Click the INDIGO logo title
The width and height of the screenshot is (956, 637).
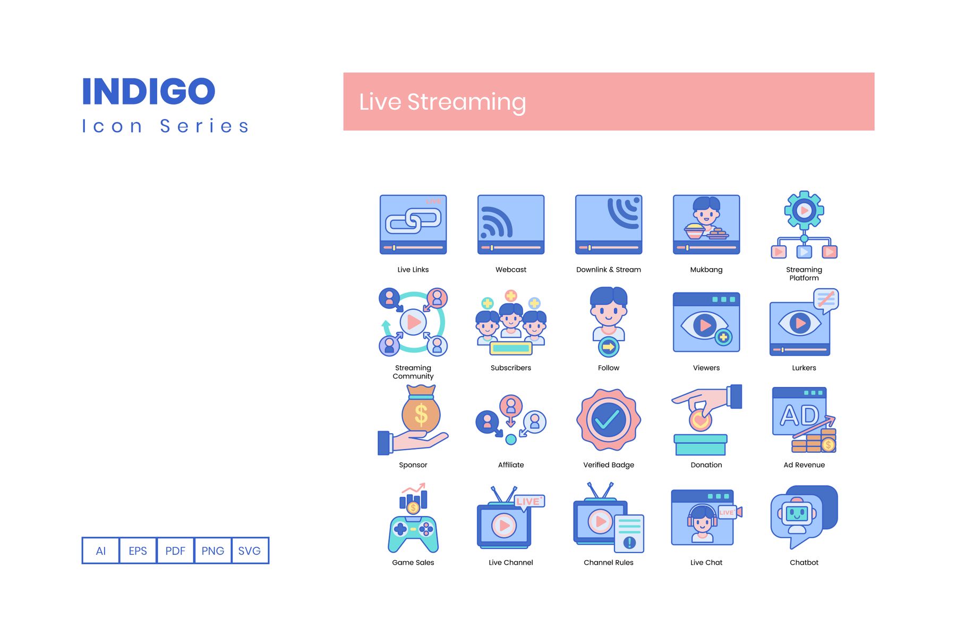149,91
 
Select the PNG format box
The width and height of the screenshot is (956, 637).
212,550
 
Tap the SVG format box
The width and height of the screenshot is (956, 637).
250,550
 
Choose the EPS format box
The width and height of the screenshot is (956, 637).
138,550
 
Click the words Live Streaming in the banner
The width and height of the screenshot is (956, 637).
442,102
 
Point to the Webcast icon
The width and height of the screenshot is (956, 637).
511,225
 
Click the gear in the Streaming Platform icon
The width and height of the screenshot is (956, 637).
804,211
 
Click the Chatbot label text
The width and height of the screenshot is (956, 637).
804,563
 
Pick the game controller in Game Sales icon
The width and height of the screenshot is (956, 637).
413,534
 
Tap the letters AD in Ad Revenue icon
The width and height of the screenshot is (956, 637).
799,416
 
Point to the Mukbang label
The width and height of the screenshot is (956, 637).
706,270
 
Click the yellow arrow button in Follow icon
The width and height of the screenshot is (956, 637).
609,347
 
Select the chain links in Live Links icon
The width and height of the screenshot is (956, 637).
413,220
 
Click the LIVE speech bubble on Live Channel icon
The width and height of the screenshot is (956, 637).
529,502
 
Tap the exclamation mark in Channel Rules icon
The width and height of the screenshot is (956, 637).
629,542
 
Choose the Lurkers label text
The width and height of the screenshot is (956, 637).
804,368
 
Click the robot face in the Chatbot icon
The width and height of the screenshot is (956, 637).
797,514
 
